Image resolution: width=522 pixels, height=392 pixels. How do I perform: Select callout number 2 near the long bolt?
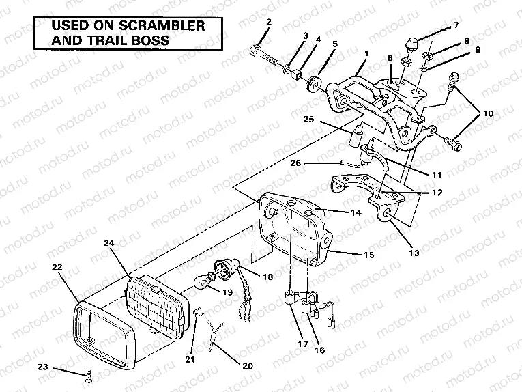pyautogui.click(x=268, y=22)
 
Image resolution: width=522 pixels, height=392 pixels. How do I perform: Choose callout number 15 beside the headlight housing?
pyautogui.click(x=368, y=255)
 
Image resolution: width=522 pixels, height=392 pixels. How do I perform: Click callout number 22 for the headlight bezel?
pyautogui.click(x=57, y=266)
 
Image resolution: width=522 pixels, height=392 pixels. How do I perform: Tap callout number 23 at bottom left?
pyautogui.click(x=43, y=367)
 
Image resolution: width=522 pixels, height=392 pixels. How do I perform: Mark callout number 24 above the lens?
pyautogui.click(x=109, y=242)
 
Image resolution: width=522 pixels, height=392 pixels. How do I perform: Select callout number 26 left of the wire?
pyautogui.click(x=294, y=163)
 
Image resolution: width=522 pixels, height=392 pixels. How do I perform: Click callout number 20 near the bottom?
pyautogui.click(x=248, y=366)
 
